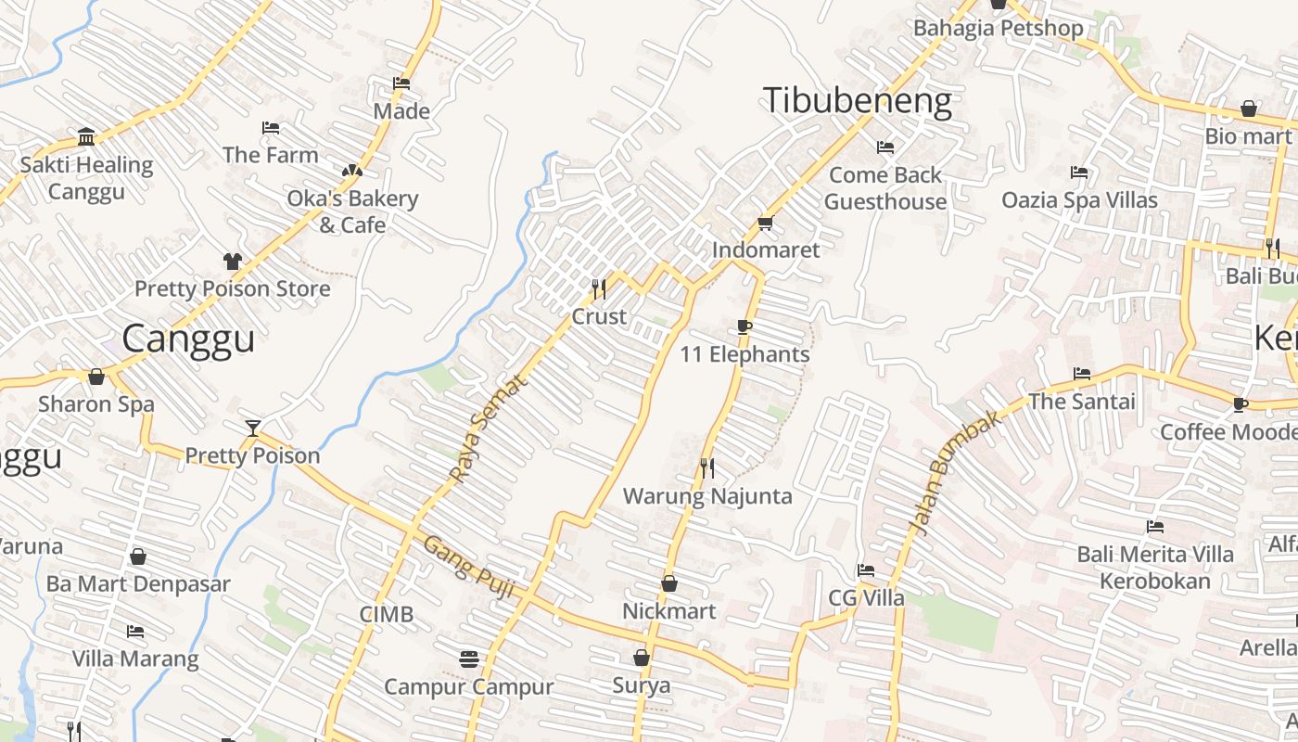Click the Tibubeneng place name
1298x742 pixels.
pyautogui.click(x=857, y=101)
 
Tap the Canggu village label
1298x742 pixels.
pyautogui.click(x=188, y=339)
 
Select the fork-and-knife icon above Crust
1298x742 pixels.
pyautogui.click(x=599, y=289)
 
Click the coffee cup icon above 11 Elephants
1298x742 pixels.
pyautogui.click(x=744, y=326)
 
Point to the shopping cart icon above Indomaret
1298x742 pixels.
pyautogui.click(x=765, y=224)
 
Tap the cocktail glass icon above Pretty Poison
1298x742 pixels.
pyautogui.click(x=252, y=428)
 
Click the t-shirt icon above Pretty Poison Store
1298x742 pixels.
pyautogui.click(x=232, y=262)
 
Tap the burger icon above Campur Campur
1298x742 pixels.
pyautogui.click(x=469, y=659)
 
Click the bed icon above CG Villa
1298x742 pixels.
pyautogui.click(x=865, y=570)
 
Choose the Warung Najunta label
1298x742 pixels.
pyautogui.click(x=707, y=496)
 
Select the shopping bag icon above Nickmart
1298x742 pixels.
pyautogui.click(x=668, y=583)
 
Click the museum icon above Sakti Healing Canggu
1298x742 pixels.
pyautogui.click(x=86, y=137)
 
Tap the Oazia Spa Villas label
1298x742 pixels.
pyautogui.click(x=1079, y=200)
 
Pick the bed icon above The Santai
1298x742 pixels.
pyautogui.click(x=1081, y=374)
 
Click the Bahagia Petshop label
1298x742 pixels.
pyautogui.click(x=998, y=28)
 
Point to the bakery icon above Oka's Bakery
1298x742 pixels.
pyautogui.click(x=351, y=171)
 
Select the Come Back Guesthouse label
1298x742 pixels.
pyautogui.click(x=884, y=188)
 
